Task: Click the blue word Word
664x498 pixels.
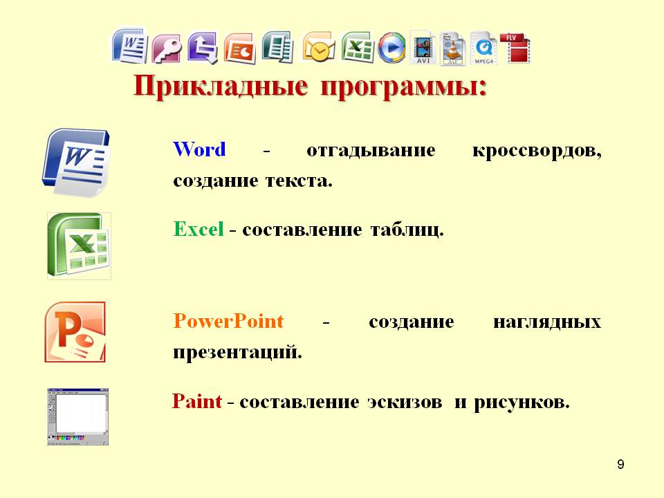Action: pos(199,149)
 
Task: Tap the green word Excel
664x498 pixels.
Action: pos(199,229)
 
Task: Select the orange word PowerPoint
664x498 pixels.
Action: pos(228,321)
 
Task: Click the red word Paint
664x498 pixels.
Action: pos(197,401)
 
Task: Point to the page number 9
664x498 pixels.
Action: pos(620,465)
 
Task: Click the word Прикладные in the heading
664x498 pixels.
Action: pos(221,86)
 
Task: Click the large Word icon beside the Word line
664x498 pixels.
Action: pos(76,163)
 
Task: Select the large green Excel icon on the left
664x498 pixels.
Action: pos(79,246)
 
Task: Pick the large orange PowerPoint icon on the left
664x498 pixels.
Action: pos(75,332)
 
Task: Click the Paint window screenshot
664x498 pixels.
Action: pos(78,416)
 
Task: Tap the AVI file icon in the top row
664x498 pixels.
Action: pos(423,48)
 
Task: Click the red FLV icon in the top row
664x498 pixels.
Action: pos(515,48)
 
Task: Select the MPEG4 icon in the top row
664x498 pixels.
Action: pos(483,48)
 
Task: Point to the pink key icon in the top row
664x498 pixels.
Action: pos(167,48)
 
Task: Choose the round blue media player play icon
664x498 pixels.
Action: pos(391,48)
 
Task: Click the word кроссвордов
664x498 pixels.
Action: pos(537,151)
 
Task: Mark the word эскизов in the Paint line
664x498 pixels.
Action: pos(405,402)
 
